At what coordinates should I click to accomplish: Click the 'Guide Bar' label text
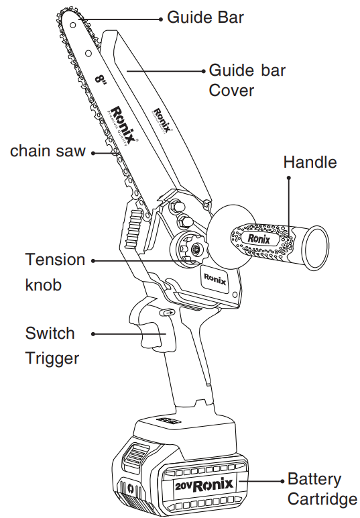tap(205, 17)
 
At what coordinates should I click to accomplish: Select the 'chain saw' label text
tap(48, 151)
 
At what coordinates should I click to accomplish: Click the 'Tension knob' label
tap(55, 272)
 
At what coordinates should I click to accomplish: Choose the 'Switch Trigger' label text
tap(52, 345)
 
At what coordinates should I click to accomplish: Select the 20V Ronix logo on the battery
tap(204, 484)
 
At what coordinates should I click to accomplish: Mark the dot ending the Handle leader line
tap(289, 178)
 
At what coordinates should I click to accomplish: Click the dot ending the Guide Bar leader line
tap(160, 19)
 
